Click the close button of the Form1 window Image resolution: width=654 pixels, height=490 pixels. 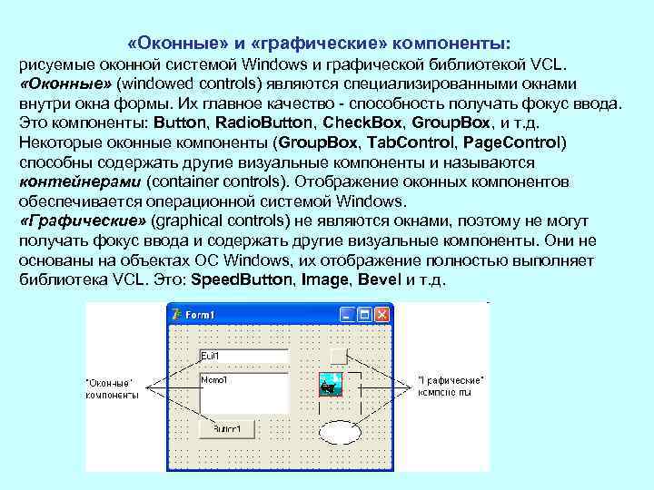tap(381, 315)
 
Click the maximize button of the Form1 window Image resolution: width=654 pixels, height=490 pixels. tap(364, 315)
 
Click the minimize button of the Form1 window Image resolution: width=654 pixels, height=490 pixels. tap(347, 315)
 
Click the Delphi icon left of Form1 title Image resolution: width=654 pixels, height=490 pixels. tap(176, 315)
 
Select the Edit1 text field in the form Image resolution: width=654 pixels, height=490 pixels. tap(230, 357)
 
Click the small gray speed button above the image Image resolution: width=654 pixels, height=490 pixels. tap(339, 355)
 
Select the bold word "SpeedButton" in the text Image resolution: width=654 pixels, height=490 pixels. tap(241, 279)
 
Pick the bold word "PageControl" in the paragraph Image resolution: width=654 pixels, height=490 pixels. tap(513, 142)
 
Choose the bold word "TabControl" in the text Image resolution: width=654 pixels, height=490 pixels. tap(413, 142)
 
